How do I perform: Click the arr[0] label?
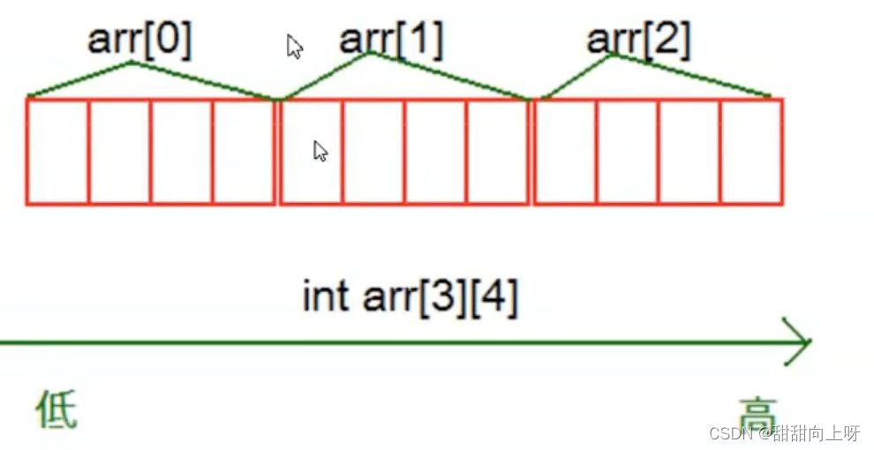tap(139, 39)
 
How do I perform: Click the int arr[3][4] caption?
tap(410, 297)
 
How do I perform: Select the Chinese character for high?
tap(757, 411)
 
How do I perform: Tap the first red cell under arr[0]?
tap(57, 152)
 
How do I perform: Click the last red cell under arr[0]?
tap(244, 152)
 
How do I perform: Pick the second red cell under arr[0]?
tap(119, 152)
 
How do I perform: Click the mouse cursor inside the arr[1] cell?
tap(320, 151)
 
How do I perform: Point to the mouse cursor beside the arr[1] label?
tap(295, 47)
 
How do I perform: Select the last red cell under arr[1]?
tap(498, 152)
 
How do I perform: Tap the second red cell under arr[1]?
tap(373, 152)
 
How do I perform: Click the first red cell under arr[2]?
tap(565, 152)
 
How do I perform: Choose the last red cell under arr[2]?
tap(751, 152)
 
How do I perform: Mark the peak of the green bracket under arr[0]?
tap(132, 62)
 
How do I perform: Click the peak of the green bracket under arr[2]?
tap(613, 56)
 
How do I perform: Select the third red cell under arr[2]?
tap(689, 152)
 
